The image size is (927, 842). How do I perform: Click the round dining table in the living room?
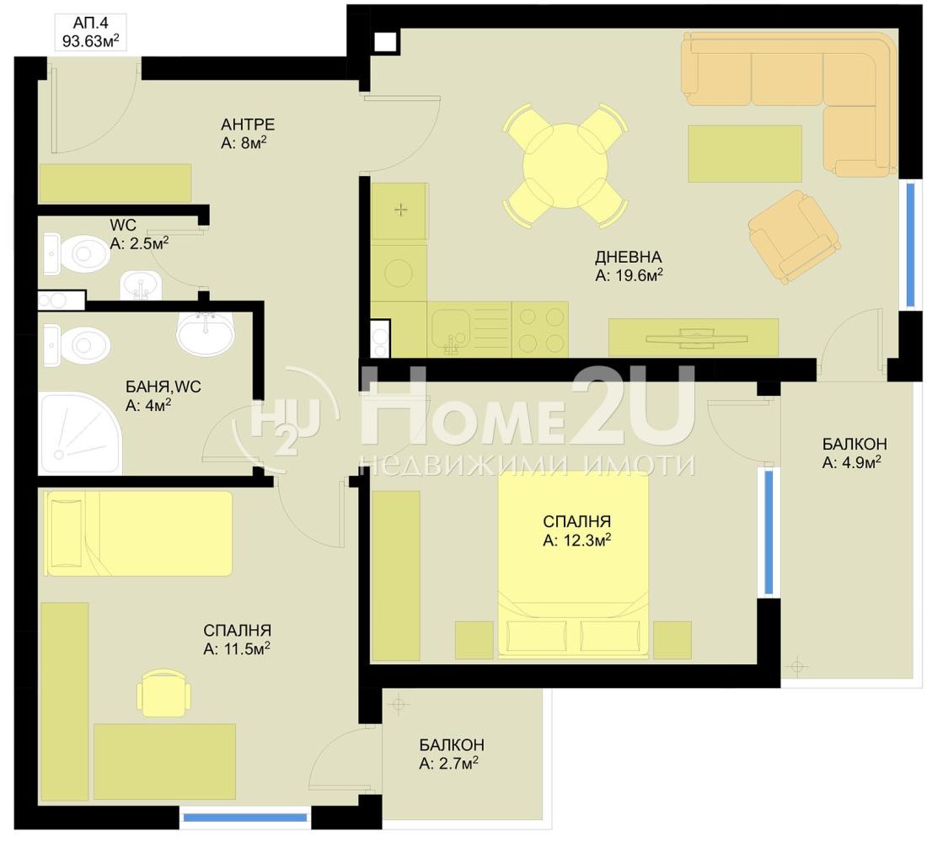click(565, 165)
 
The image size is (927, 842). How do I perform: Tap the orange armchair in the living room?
click(795, 237)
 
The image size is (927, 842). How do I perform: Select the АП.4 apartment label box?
click(90, 33)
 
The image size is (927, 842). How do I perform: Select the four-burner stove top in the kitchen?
click(539, 329)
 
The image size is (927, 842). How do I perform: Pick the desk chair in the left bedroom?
click(163, 692)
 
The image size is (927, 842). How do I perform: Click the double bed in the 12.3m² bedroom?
click(573, 564)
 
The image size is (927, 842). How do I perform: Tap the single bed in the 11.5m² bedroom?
click(138, 533)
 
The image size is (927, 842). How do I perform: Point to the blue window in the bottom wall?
click(244, 818)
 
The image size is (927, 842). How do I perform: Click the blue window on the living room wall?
click(910, 245)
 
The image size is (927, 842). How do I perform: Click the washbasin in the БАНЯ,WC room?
click(205, 333)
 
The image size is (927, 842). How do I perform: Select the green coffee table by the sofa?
click(745, 153)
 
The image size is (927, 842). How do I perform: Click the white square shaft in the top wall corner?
click(385, 42)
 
